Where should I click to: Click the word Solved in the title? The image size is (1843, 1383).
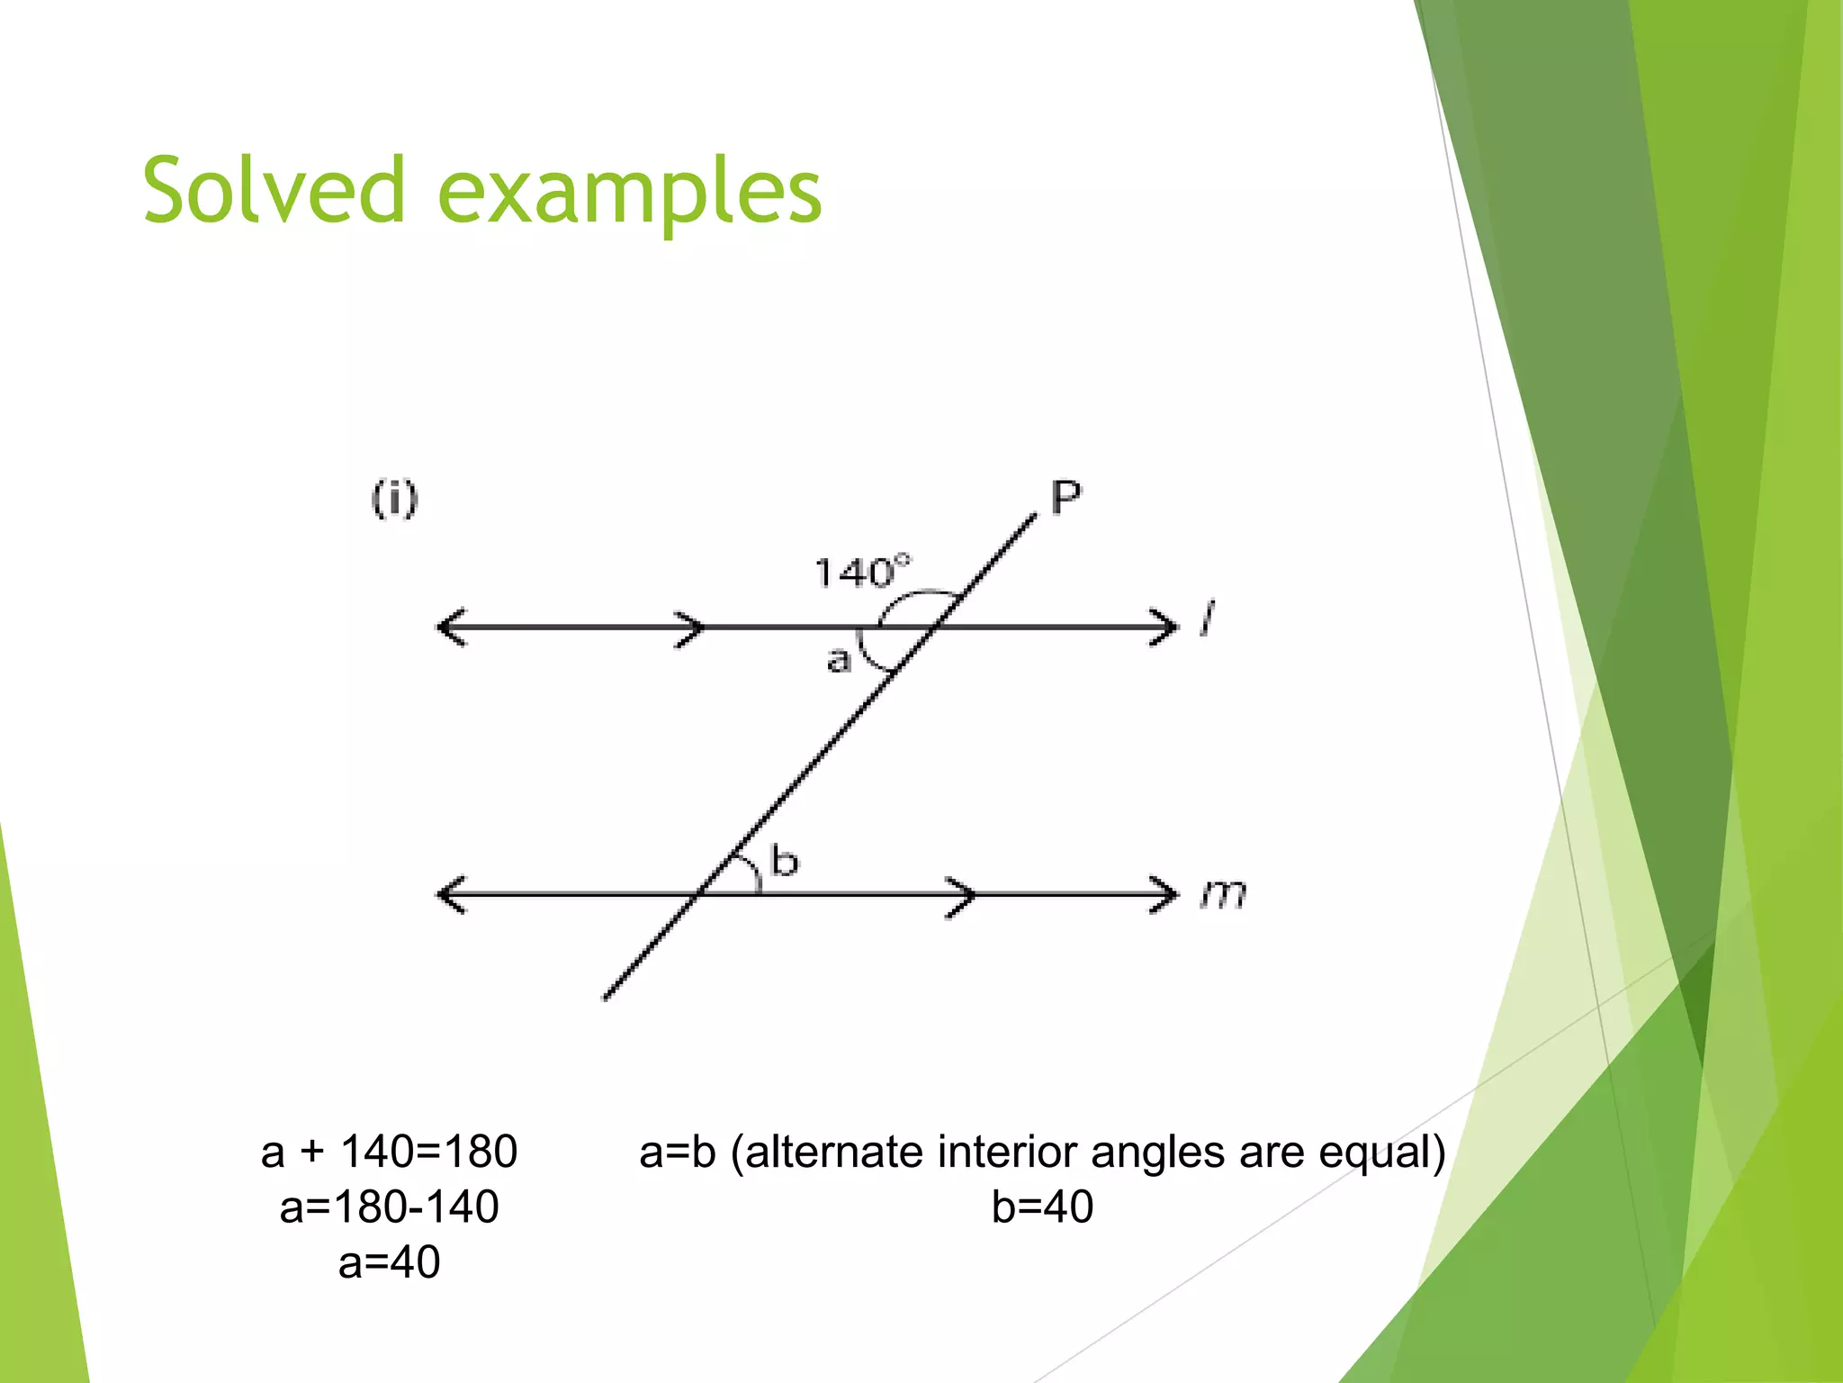point(274,191)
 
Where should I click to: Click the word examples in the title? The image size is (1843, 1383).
point(629,194)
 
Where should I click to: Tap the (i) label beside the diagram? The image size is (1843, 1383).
point(394,499)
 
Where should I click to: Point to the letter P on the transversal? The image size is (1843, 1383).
point(1065,497)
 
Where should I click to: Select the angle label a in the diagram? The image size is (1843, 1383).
point(838,660)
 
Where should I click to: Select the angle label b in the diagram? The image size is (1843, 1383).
point(784,861)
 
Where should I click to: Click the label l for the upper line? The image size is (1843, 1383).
point(1207,619)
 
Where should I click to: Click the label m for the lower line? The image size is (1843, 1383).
point(1223,894)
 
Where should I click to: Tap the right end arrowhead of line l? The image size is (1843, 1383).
point(1166,628)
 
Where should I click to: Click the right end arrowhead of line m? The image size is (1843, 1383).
point(1166,894)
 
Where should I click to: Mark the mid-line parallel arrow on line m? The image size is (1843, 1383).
point(963,895)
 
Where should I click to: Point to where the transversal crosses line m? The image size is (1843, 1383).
point(697,894)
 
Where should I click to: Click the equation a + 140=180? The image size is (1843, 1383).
point(389,1152)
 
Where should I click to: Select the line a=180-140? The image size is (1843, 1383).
point(389,1207)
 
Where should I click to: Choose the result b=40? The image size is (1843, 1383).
point(1042,1207)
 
